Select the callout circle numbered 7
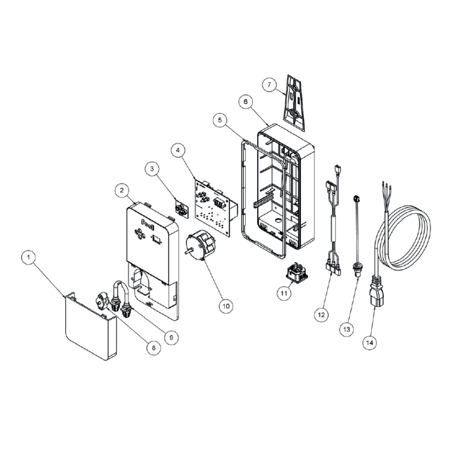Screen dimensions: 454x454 click(x=271, y=85)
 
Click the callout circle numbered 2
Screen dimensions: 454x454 click(x=121, y=191)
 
